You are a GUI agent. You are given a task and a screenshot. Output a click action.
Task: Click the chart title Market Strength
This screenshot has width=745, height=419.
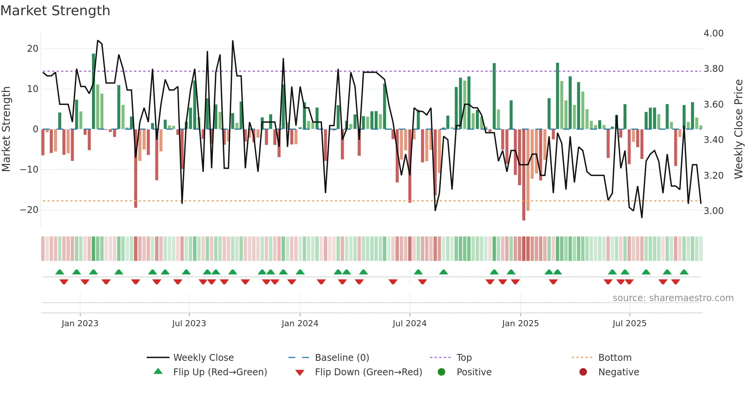coord(55,11)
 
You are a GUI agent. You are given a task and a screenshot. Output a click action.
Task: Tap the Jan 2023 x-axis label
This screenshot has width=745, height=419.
coord(80,324)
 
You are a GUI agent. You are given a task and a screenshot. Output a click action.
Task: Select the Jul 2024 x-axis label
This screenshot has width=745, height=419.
coord(409,324)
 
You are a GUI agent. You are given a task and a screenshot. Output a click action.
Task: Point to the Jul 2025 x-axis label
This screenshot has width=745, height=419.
coord(629,324)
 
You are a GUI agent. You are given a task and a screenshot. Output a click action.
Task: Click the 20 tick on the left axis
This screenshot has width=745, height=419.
coord(33,49)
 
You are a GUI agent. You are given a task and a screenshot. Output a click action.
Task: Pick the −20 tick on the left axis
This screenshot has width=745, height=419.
coord(29,210)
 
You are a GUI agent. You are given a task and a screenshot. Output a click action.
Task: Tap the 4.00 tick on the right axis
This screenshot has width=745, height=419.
coord(713,33)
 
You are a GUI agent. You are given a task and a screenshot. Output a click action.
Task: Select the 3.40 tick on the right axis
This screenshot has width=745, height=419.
coord(713,140)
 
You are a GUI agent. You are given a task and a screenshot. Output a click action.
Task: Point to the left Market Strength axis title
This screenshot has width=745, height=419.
coord(6,129)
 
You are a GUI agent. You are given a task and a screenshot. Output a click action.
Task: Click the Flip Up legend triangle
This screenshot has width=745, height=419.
coord(158,371)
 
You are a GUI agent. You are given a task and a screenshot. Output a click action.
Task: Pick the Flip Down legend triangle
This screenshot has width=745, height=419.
coord(300,373)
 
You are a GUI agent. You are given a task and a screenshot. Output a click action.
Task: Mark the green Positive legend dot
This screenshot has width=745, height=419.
coord(441,372)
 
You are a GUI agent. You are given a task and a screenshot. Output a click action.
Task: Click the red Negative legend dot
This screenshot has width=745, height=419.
coord(583,372)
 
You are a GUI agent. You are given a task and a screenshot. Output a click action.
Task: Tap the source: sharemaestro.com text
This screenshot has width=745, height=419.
coord(673,298)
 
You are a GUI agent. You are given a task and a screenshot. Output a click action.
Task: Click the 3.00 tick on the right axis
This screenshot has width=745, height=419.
coord(713,211)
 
